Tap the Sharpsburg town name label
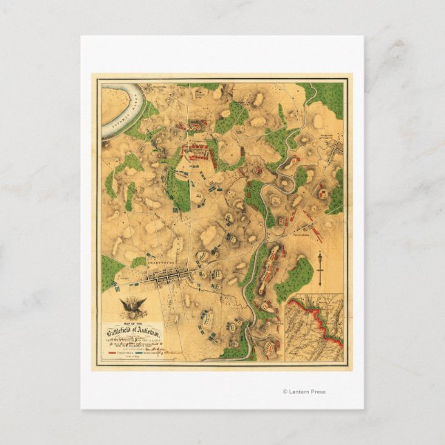coord(157,263)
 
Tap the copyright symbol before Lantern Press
coord(285,392)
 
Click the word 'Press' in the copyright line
coord(318,392)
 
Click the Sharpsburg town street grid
coord(162,277)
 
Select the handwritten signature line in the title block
coord(149,345)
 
